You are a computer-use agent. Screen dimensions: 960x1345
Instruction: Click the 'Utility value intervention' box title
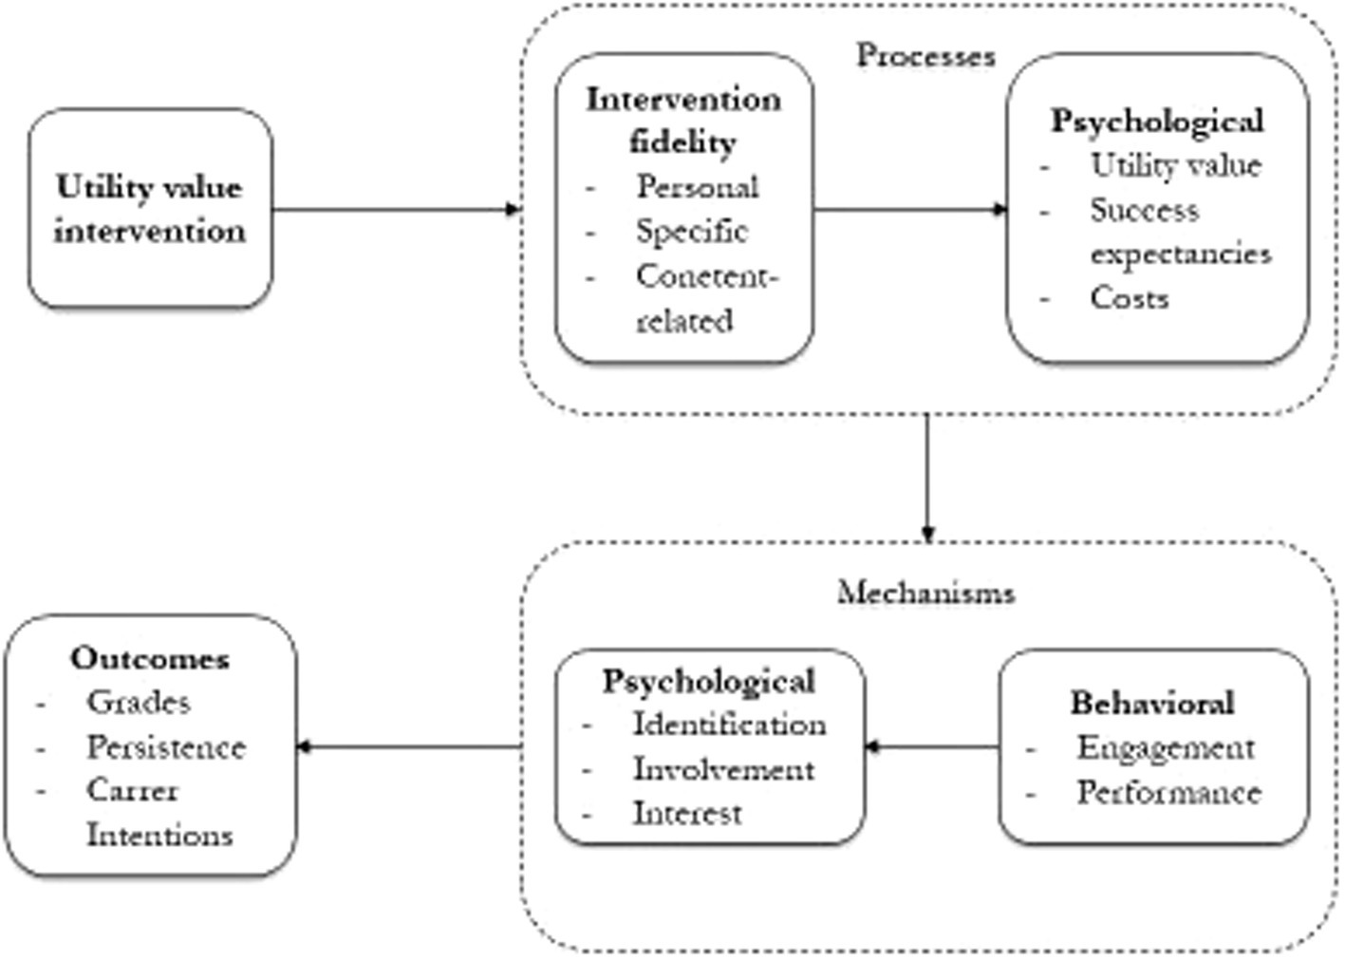(149, 209)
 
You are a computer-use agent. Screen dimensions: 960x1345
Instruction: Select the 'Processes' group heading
(925, 55)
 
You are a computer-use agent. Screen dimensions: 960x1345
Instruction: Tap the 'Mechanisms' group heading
(925, 593)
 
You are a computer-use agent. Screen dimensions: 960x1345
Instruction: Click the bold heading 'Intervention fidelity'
(683, 120)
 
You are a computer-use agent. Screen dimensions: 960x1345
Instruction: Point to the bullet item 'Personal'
(697, 187)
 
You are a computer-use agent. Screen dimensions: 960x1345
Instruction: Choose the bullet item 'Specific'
(691, 231)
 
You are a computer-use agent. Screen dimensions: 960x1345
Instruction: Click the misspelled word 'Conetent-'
(706, 275)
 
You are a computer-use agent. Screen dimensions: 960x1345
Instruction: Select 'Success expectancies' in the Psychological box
(1179, 231)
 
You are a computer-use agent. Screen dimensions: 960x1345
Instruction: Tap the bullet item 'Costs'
(1129, 297)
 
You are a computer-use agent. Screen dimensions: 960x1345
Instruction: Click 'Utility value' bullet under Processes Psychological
(1175, 165)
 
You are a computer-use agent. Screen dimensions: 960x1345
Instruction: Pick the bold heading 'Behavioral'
(1152, 703)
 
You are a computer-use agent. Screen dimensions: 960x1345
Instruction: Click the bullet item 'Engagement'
(1166, 747)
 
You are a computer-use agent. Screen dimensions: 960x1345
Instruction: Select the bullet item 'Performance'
(1168, 792)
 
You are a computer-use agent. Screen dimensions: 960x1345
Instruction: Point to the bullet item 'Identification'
(729, 725)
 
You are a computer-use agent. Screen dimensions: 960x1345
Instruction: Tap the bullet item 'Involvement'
(723, 768)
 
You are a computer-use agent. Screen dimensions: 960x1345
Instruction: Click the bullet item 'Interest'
(687, 813)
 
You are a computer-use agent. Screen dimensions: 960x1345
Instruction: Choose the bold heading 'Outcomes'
(150, 658)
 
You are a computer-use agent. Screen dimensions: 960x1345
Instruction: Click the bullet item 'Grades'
(138, 702)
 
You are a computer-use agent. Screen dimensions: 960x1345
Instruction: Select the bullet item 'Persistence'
(166, 746)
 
